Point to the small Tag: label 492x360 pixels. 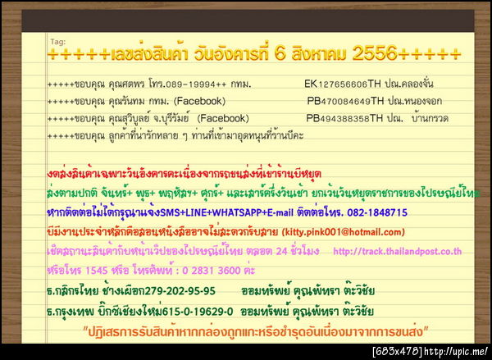57,40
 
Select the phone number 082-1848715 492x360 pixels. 369,212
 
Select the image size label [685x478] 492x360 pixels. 397,352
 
